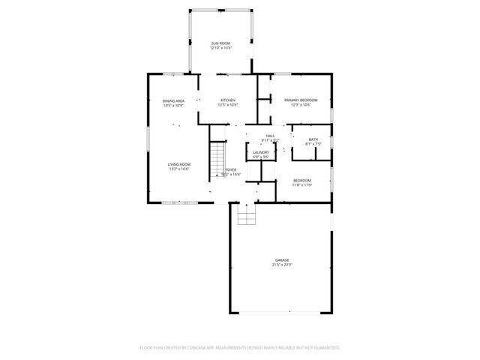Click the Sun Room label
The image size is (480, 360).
coord(220,43)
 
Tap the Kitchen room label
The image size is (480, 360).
coord(227,100)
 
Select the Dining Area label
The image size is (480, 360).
coord(173,100)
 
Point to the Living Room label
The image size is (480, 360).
coord(178,164)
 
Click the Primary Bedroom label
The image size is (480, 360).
coord(300,100)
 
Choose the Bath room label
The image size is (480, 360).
coord(313,139)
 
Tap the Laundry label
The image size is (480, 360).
coord(261,152)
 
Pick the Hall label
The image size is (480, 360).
coord(270,136)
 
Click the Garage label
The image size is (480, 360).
coord(281,260)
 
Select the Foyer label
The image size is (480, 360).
coord(231,169)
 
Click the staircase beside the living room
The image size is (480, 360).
coord(216,157)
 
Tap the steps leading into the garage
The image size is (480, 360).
coord(247,216)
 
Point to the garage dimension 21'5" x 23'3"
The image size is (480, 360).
coord(281,265)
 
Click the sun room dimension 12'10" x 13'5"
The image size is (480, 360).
coord(220,48)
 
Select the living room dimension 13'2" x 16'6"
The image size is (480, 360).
coord(178,169)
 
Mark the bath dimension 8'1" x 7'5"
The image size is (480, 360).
coord(313,143)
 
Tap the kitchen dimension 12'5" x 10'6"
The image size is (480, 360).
coord(227,105)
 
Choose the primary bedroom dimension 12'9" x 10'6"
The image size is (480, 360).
coord(300,104)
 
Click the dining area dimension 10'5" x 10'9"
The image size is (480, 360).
coord(173,105)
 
